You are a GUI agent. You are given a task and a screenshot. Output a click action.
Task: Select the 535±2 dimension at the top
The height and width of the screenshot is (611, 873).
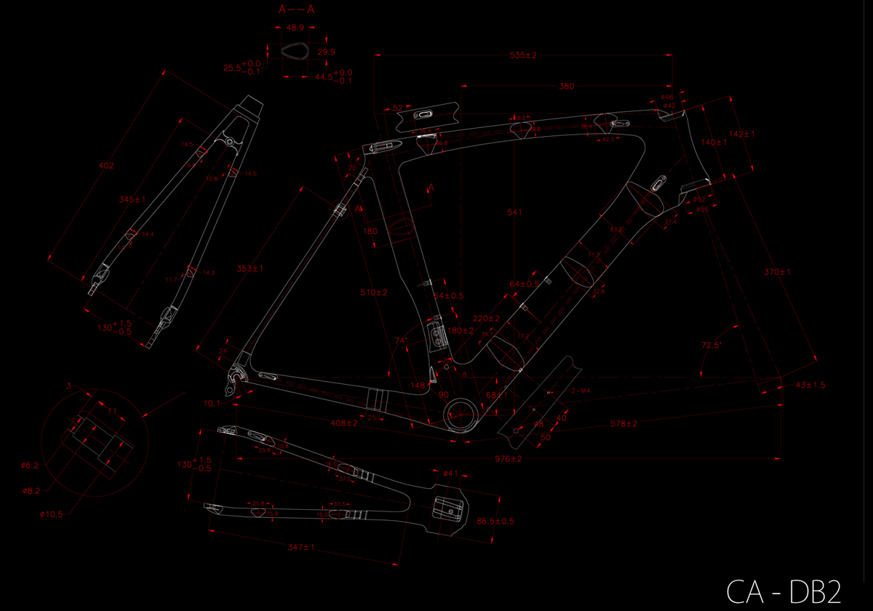[x=522, y=55]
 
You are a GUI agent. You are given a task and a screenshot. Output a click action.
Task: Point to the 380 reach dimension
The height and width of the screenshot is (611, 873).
[x=566, y=87]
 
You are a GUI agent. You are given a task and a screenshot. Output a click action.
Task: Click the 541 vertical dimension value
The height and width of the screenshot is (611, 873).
[x=514, y=212]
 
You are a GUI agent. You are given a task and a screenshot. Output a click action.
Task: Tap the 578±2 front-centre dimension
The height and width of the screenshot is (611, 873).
[x=623, y=423]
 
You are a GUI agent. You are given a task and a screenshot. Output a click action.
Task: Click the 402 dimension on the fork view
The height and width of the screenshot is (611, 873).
[x=105, y=166]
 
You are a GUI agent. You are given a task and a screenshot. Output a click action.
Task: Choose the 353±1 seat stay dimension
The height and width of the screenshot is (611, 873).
[x=249, y=268]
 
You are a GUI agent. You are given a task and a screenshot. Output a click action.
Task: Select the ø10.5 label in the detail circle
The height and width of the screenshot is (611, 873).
[x=52, y=514]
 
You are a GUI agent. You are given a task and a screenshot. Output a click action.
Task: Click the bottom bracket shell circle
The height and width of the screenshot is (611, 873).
[x=461, y=415]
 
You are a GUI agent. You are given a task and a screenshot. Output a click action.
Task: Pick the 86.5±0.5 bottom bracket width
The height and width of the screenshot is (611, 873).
[x=517, y=521]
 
